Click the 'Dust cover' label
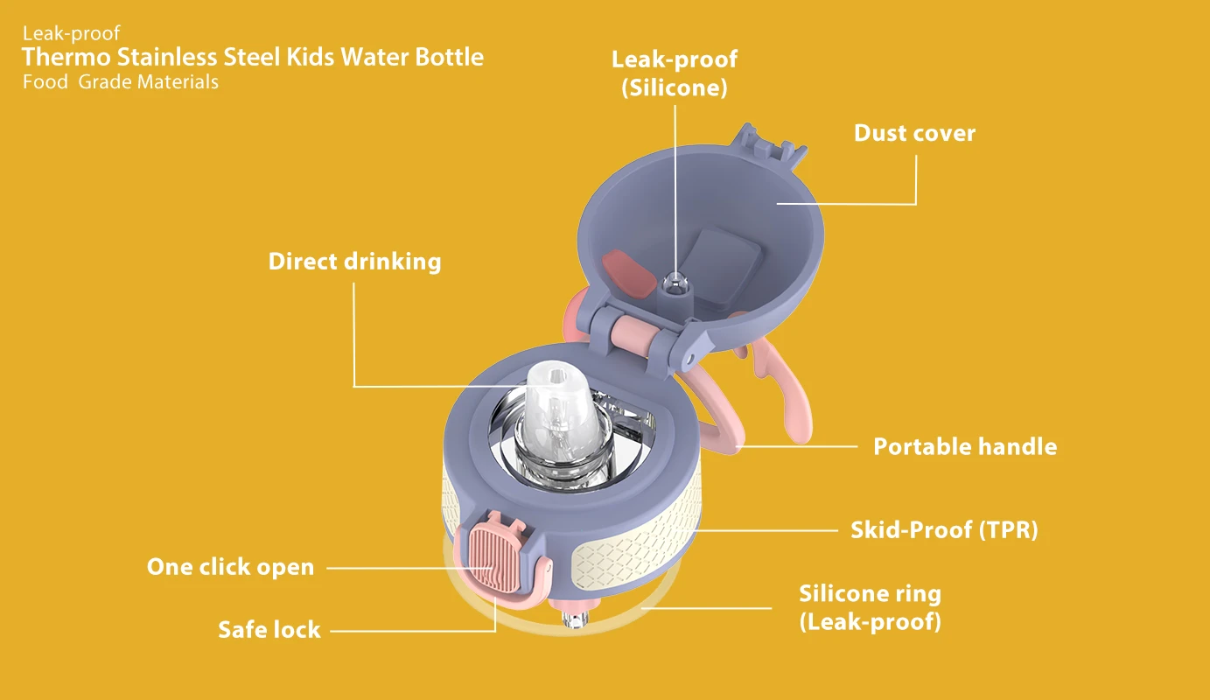pyautogui.click(x=914, y=133)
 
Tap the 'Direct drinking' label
pyautogui.click(x=355, y=262)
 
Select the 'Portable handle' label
pyautogui.click(x=965, y=447)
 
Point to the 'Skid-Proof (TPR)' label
pyautogui.click(x=944, y=530)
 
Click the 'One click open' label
pyautogui.click(x=231, y=567)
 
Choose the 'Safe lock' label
pyautogui.click(x=269, y=630)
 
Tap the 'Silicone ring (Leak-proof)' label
pyautogui.click(x=871, y=607)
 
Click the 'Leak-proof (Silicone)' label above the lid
pyautogui.click(x=675, y=73)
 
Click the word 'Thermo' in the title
pyautogui.click(x=66, y=57)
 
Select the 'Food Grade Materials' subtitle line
pyautogui.click(x=121, y=82)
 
